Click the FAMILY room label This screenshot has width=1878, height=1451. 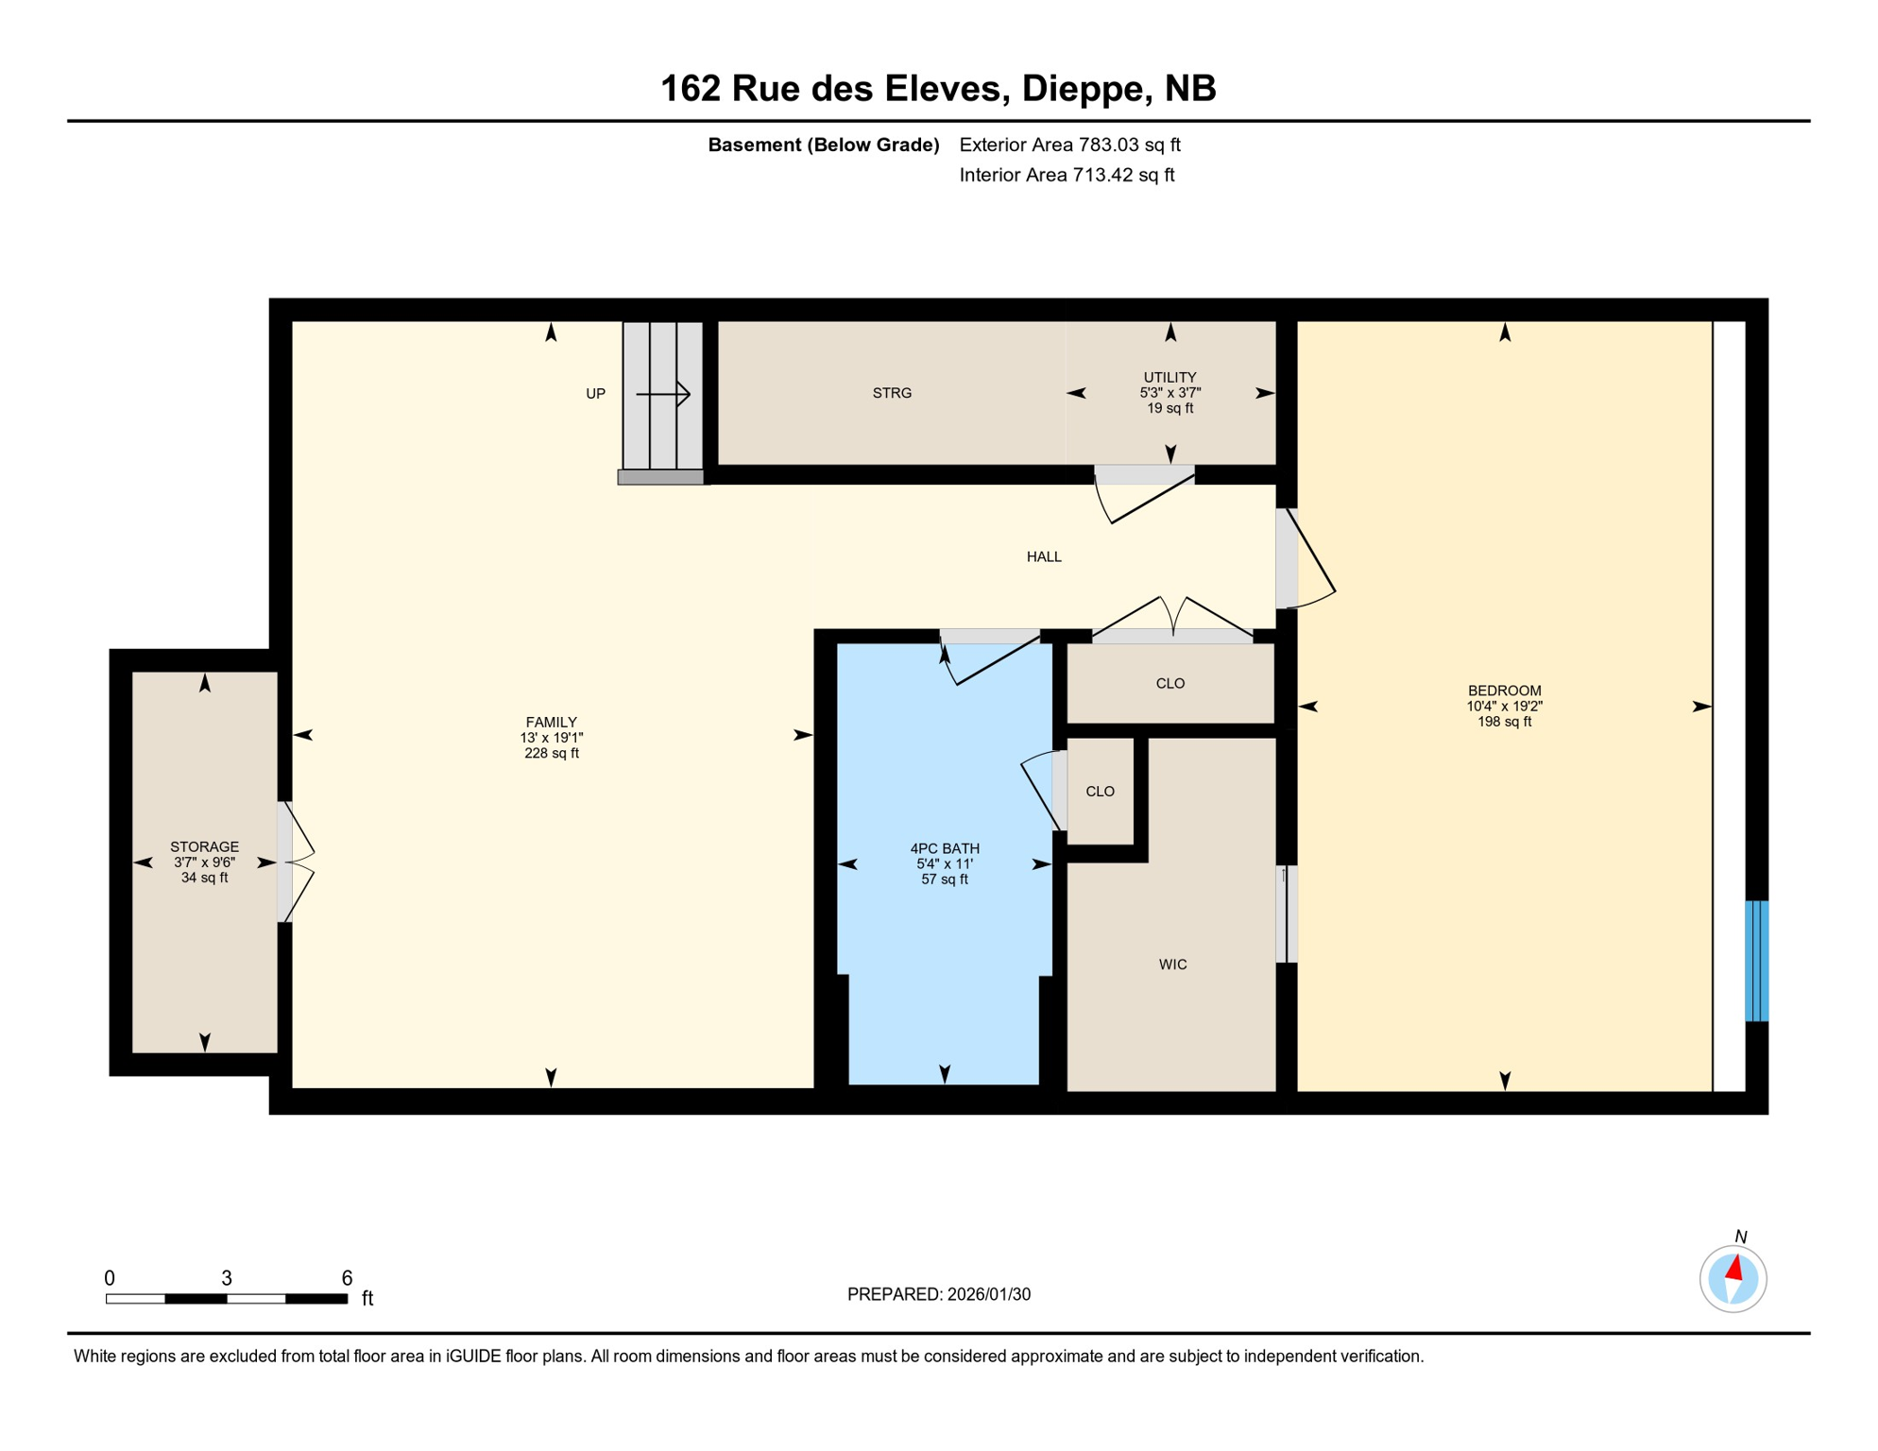551,722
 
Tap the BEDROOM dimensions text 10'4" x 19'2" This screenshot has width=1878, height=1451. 1504,706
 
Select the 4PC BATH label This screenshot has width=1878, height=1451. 944,848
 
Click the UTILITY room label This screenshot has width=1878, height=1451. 1169,377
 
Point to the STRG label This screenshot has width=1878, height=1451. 892,393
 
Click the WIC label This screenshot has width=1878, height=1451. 1172,964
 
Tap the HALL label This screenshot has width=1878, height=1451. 1044,556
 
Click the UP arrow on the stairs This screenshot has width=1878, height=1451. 664,394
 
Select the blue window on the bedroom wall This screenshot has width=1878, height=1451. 1756,961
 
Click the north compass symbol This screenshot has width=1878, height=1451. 1733,1279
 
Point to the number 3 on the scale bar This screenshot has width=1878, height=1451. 227,1278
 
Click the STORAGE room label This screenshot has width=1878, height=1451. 204,846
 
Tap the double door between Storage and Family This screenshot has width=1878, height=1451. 295,862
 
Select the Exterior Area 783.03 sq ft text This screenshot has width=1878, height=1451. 1069,145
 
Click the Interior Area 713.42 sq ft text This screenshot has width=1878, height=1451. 1067,175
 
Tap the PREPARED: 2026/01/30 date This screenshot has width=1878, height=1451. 938,1294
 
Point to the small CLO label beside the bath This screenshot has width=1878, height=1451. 1100,792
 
